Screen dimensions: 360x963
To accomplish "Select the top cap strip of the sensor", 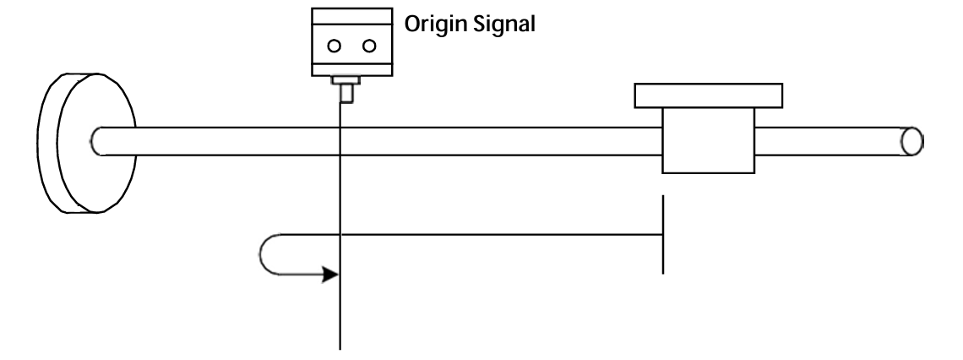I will pyautogui.click(x=352, y=15).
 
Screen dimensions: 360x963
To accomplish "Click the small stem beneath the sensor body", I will pyautogui.click(x=345, y=93).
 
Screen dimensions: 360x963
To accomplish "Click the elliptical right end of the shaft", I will pyautogui.click(x=911, y=141).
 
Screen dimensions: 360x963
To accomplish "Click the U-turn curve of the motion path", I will pyautogui.click(x=269, y=254).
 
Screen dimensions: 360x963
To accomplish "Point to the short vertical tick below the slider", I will pyautogui.click(x=663, y=234).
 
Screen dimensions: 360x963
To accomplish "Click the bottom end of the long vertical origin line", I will pyautogui.click(x=340, y=345).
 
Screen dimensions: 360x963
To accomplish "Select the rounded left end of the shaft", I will pyautogui.click(x=98, y=140).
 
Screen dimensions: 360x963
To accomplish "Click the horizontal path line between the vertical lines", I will pyautogui.click(x=498, y=234).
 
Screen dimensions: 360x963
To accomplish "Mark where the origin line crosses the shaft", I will pyautogui.click(x=340, y=141).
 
